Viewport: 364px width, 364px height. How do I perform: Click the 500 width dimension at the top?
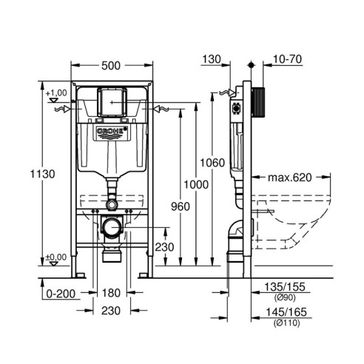111,65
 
